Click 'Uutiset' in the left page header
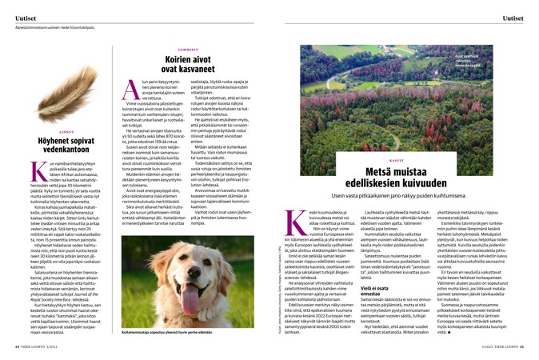[x=23, y=17]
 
